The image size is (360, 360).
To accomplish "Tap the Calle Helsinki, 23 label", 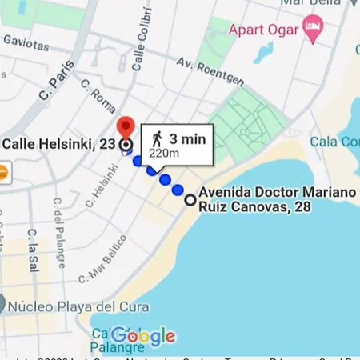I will pos(58,145).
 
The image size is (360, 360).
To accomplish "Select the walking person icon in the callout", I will pos(157,140).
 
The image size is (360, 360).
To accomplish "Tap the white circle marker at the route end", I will pos(190,200).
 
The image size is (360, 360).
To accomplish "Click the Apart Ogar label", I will pos(263,33).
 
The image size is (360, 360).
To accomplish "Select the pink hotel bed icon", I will pos(314,29).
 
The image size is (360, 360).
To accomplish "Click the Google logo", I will pos(144,335).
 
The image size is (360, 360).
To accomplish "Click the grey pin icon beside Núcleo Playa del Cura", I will pos(3,304).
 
